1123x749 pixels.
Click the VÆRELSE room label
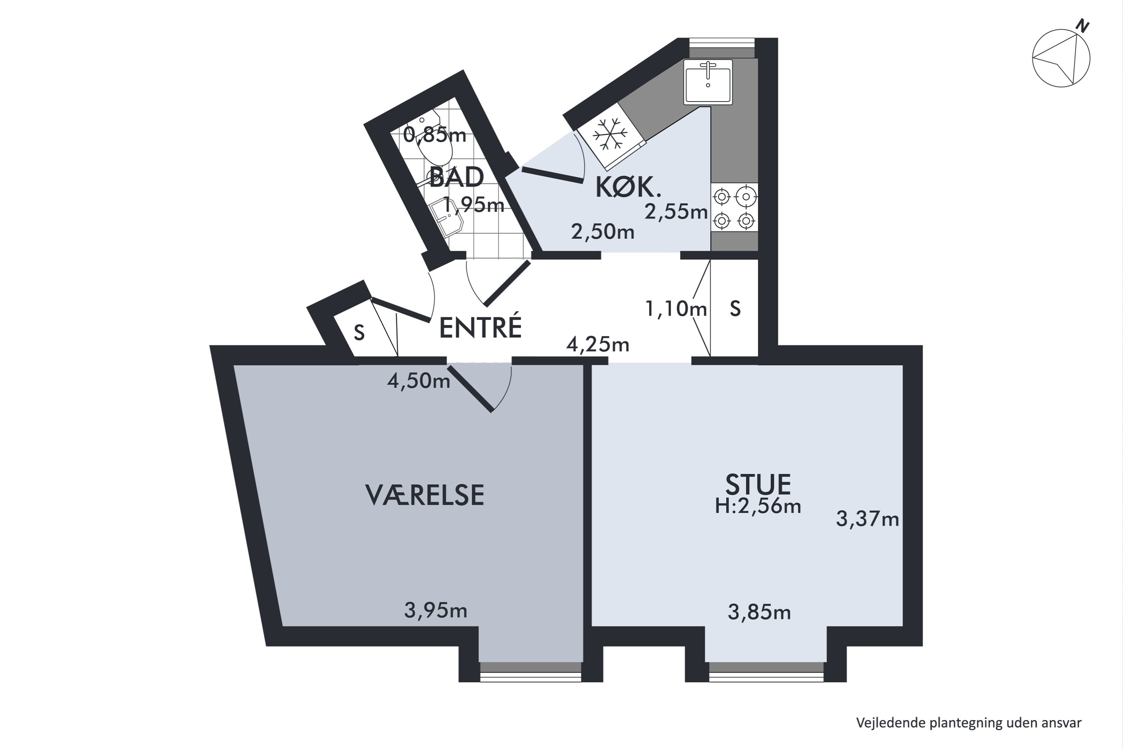(x=424, y=495)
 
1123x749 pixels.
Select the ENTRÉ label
(x=480, y=328)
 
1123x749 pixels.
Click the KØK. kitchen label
(x=628, y=187)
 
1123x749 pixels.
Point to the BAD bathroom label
(x=456, y=178)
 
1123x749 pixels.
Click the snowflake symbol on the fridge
(x=610, y=134)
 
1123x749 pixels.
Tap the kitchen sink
(x=707, y=82)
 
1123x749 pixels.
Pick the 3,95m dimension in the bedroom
(x=435, y=610)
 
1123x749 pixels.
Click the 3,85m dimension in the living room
(x=759, y=612)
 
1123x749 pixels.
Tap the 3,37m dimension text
(x=867, y=519)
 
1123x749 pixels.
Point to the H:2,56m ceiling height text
(x=758, y=506)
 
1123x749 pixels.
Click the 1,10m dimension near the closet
(x=676, y=309)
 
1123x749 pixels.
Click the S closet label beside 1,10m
(x=735, y=309)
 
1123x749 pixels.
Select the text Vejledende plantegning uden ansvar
(x=968, y=723)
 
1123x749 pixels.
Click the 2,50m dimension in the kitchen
(x=603, y=232)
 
